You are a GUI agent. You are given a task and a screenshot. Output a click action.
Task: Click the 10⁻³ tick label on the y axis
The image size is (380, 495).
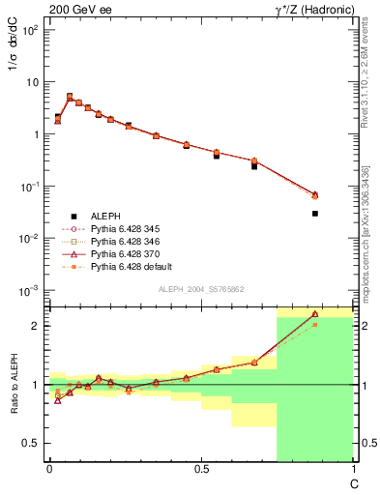[31, 290]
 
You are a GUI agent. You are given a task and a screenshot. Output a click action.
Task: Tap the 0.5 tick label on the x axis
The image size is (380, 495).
[201, 469]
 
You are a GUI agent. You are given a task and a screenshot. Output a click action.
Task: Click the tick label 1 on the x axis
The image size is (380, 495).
[352, 469]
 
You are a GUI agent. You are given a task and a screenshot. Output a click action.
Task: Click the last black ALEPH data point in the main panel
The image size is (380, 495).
[315, 213]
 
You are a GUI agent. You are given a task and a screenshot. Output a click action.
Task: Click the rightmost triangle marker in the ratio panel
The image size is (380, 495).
[315, 314]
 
